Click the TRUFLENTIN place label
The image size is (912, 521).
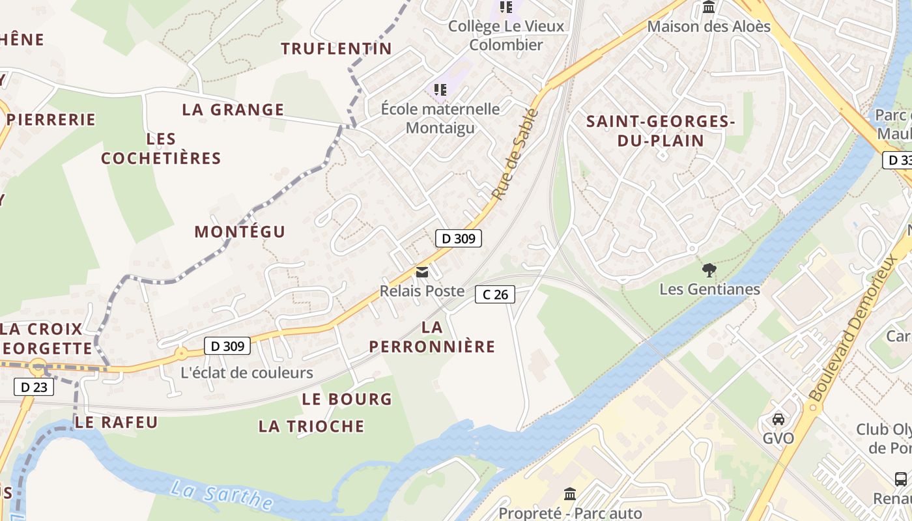337,48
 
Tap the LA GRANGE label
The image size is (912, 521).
233,109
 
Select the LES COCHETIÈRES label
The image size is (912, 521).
161,148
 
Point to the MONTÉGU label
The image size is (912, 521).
240,232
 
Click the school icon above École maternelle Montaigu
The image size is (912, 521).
440,89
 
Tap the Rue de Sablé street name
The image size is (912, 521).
515,154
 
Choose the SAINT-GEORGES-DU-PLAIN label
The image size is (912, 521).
661,131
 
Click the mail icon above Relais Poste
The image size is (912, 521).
422,272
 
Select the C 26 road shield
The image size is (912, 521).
495,294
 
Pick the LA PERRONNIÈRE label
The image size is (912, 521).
433,337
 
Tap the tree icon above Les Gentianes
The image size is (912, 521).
709,270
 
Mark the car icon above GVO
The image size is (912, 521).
778,419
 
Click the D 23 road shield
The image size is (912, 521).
34,387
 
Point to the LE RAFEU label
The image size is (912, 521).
116,422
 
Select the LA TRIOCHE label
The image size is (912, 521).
311,427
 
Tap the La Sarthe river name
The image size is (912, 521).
221,496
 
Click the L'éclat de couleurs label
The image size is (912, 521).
247,373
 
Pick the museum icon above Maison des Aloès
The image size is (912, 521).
709,8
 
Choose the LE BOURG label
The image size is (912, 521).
347,399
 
